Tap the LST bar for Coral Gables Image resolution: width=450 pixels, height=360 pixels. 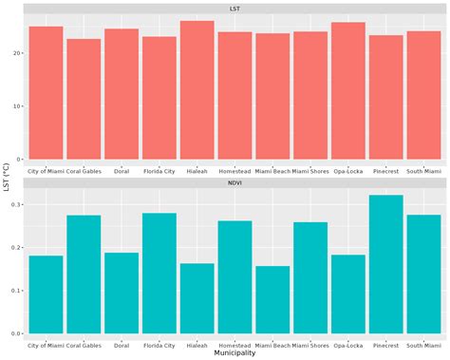point(84,99)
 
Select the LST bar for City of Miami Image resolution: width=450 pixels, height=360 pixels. point(46,93)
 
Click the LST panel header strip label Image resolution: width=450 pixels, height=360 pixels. point(234,9)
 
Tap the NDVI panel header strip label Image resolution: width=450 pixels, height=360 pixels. point(234,184)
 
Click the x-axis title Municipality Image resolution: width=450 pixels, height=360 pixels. point(234,352)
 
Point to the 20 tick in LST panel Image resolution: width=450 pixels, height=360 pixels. point(18,53)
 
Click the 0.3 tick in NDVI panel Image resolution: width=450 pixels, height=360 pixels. point(16,204)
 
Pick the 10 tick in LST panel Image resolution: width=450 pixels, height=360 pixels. point(18,106)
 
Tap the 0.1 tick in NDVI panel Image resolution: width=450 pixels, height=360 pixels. point(16,291)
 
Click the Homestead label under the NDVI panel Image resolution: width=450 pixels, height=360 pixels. point(234,343)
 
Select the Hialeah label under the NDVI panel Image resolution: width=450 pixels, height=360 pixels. point(197,343)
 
